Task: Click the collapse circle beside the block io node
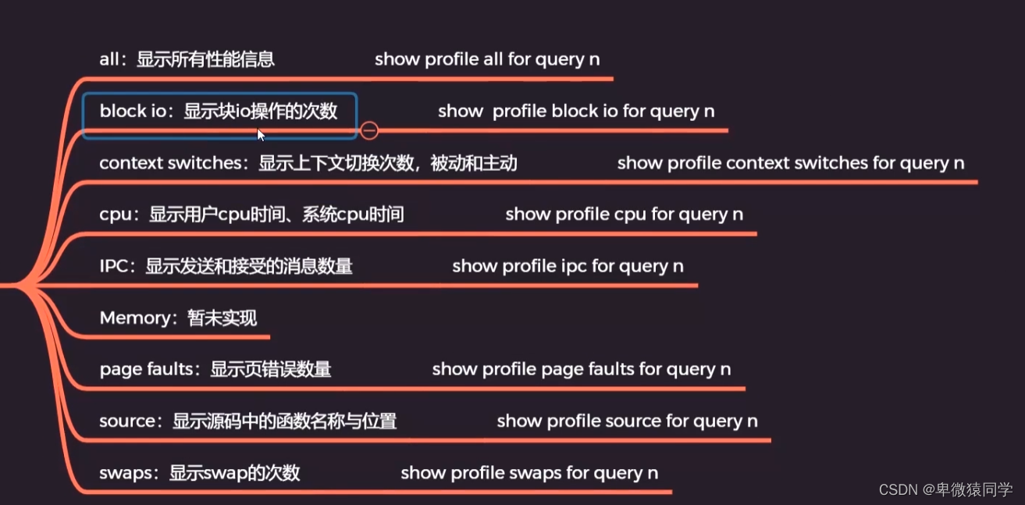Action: (369, 130)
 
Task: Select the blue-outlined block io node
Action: (219, 114)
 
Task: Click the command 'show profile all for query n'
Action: (487, 59)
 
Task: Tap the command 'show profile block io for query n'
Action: (576, 112)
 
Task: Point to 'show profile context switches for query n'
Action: (791, 163)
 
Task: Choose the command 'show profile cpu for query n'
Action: (624, 214)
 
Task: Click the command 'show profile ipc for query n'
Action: (568, 266)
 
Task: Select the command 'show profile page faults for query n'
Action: (582, 369)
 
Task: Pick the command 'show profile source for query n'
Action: (627, 421)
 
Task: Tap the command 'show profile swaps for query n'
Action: (529, 473)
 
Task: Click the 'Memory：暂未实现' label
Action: (178, 318)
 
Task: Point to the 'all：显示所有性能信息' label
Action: (187, 59)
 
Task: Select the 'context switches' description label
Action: (308, 163)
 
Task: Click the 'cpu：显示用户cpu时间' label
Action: (251, 214)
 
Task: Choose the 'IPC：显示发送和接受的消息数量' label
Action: (226, 266)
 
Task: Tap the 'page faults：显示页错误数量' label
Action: (215, 369)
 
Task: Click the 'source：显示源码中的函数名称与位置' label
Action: (247, 421)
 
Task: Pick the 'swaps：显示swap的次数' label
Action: (199, 473)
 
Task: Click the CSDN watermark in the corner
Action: (945, 489)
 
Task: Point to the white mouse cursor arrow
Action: (261, 135)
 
